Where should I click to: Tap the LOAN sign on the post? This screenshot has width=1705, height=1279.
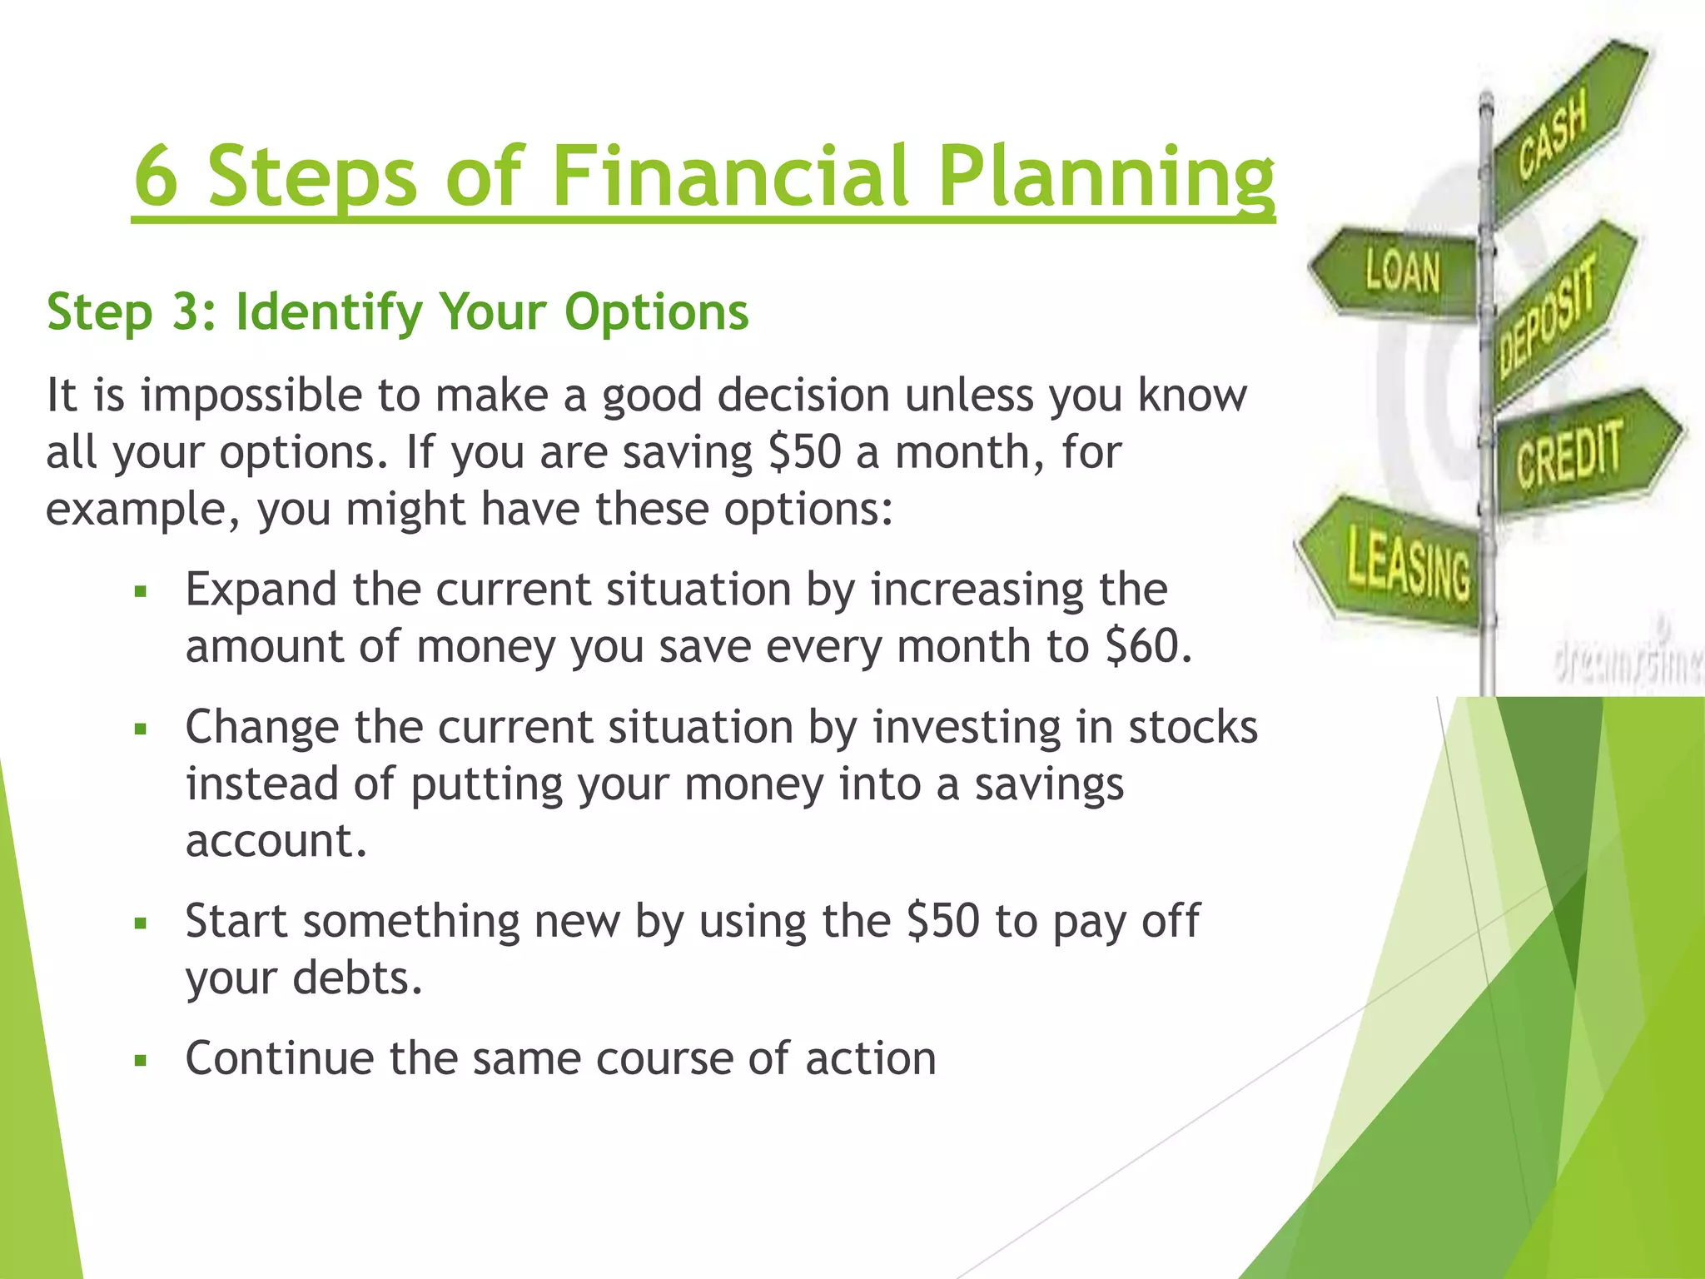(x=1400, y=273)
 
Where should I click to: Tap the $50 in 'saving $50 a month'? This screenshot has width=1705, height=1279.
(x=805, y=452)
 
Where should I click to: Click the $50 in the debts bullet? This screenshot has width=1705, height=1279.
(x=942, y=921)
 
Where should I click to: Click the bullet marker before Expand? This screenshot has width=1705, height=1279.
(x=141, y=592)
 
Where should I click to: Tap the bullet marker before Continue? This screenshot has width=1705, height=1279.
(x=141, y=1061)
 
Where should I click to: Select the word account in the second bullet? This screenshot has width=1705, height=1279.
(x=275, y=841)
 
